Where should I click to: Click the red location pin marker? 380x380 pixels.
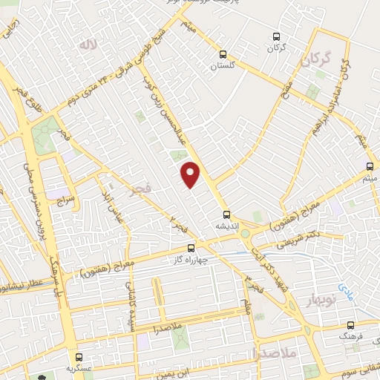pos(191,174)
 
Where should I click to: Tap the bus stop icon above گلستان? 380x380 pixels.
pos(223,53)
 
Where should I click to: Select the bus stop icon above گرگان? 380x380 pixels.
pos(277,36)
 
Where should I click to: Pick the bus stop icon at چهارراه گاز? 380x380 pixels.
pos(191,248)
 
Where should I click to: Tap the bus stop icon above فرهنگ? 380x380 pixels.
pos(351,324)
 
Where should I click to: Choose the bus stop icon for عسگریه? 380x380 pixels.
pos(79,357)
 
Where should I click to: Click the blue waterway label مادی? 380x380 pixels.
pos(344,284)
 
